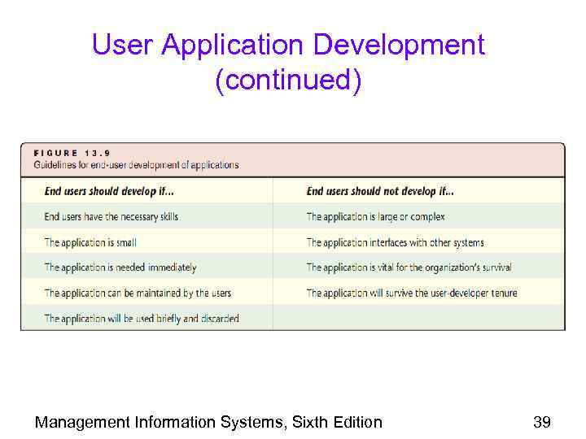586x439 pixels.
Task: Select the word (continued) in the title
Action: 288,81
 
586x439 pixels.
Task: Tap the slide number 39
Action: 541,421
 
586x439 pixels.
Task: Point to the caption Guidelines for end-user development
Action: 137,165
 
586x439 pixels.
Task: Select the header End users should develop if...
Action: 109,192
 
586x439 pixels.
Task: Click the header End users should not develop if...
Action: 380,192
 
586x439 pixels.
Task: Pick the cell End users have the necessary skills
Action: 111,217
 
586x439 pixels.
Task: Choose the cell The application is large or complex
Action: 375,217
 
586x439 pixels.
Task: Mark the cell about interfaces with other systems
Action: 395,242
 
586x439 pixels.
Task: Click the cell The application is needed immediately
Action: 120,267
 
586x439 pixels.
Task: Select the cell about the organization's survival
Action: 409,267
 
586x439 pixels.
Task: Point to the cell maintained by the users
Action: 138,293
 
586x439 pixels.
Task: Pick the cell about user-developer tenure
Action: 411,293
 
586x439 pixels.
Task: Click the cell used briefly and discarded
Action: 142,318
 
